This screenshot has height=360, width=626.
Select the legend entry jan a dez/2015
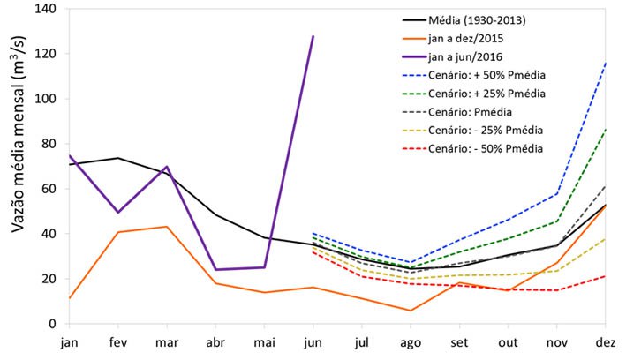coord(466,38)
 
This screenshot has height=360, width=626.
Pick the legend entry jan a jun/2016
coord(466,56)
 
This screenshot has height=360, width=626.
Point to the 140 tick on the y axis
coord(41,9)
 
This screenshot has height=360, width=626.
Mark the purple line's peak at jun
coord(313,36)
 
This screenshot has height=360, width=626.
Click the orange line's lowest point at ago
coord(411,311)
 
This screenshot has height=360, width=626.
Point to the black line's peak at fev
coord(117,158)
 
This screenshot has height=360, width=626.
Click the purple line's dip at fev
coord(117,212)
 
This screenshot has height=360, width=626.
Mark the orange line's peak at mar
coord(167,227)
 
